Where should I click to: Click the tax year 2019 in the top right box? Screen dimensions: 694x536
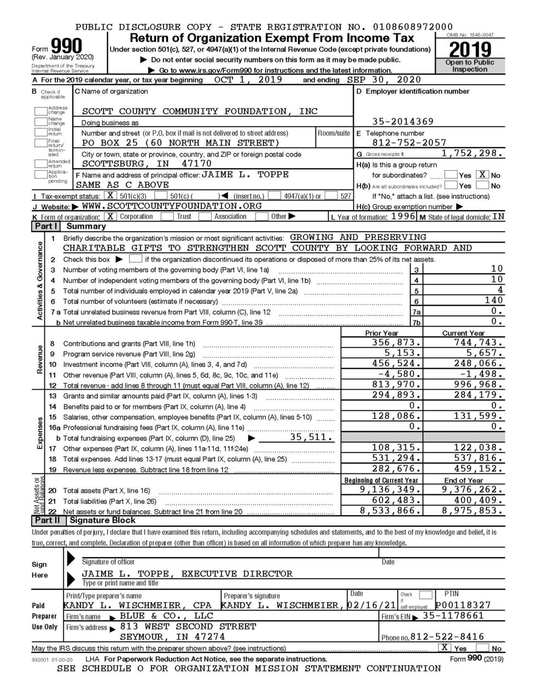[x=470, y=50]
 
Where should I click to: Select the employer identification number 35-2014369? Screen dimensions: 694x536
[x=403, y=122]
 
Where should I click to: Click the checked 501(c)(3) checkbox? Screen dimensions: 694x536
[x=110, y=195]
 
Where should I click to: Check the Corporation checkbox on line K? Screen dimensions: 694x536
[x=110, y=216]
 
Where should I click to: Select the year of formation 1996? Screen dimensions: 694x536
[x=404, y=216]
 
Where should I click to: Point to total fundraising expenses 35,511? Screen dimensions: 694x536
[x=311, y=437]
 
